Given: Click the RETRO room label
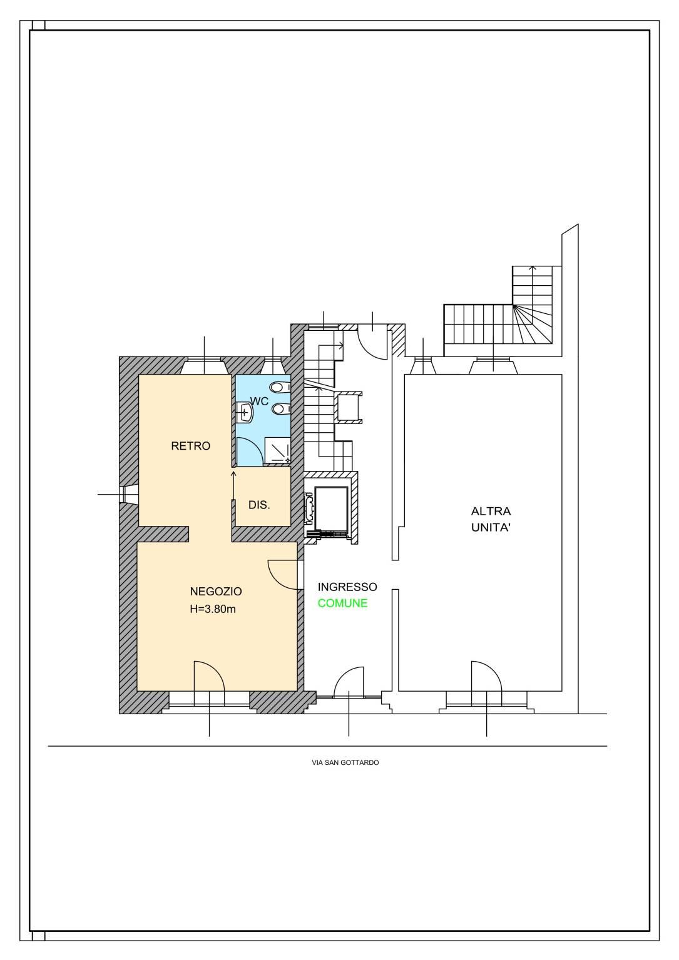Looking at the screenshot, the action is click(190, 446).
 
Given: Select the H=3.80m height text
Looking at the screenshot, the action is click(213, 609).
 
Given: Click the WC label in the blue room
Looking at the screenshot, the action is click(259, 402).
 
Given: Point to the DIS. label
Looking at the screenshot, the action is click(259, 505).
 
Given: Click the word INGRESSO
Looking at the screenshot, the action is click(347, 587).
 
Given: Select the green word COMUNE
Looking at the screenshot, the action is click(342, 604).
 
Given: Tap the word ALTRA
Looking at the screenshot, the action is click(491, 512).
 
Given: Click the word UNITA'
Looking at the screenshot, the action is click(490, 528).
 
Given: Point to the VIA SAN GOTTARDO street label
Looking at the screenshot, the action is click(345, 763).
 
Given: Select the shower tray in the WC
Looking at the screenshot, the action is click(277, 450).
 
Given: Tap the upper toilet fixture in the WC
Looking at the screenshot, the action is click(282, 387).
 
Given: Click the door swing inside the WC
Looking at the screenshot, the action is click(250, 452).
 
